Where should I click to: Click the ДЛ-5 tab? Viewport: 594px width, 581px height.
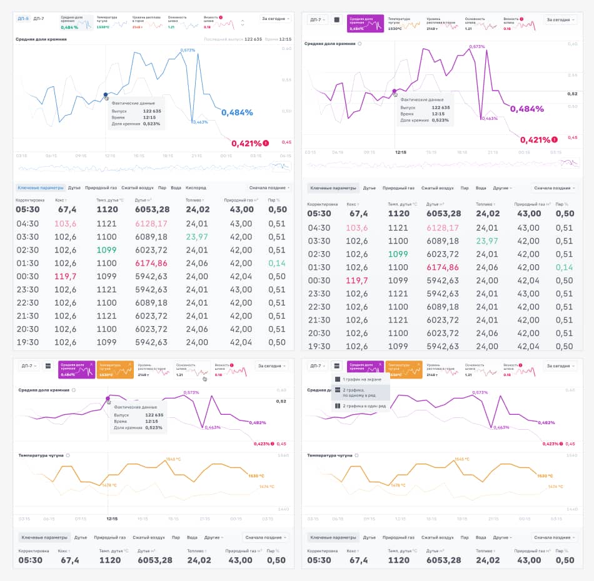23,19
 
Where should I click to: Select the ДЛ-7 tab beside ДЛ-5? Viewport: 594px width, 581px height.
39,19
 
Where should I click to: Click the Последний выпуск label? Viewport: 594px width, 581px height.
223,39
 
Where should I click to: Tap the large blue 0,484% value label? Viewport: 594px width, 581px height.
237,112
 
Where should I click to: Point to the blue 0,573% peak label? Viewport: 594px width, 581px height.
188,50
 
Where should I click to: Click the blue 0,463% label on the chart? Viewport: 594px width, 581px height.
200,122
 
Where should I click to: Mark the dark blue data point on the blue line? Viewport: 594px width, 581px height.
105,94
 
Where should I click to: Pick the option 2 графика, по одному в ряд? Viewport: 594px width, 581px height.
362,392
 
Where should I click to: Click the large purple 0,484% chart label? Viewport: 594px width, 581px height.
527,109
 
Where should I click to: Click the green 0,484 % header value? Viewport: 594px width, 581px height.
69,27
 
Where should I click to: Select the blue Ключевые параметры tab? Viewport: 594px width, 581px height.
41,187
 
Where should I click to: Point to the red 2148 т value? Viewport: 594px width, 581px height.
138,27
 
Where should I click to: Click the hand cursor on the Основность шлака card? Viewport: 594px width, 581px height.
204,379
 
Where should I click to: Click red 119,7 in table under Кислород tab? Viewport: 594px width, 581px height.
65,276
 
